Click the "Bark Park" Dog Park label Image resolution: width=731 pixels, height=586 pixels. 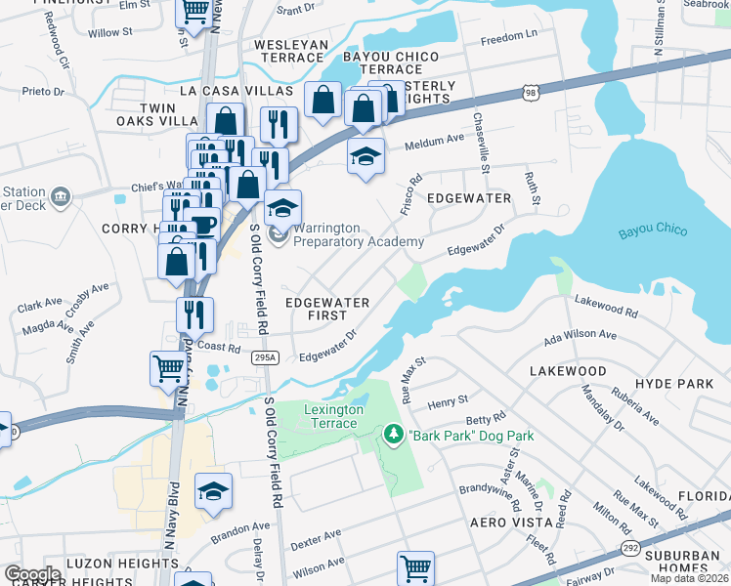point(471,436)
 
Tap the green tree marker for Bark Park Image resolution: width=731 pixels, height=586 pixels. point(394,434)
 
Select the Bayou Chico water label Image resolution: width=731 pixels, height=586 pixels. point(653,232)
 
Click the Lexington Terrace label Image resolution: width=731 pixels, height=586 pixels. point(333,416)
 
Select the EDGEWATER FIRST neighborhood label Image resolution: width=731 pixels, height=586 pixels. point(327,310)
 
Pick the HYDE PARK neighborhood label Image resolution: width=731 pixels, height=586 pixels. point(673,384)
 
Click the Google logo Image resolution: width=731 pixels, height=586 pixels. point(32,574)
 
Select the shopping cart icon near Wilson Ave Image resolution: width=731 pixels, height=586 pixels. point(415,567)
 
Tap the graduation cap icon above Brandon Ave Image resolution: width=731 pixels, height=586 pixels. point(213,492)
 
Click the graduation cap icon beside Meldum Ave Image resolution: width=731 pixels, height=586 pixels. point(365,156)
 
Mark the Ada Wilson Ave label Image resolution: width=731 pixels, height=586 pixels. point(580,335)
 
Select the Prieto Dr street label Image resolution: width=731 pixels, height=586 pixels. point(44,92)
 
